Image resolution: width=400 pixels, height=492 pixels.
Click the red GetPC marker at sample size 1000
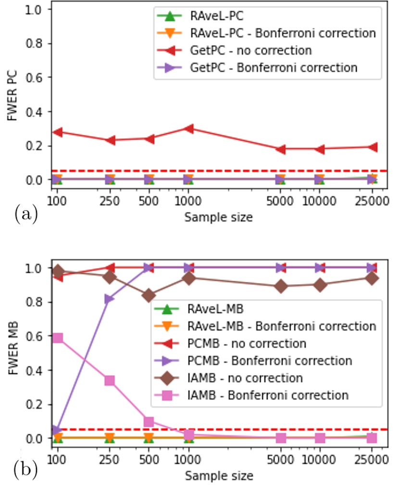(x=188, y=128)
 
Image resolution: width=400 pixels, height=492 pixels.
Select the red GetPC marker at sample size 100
(x=57, y=132)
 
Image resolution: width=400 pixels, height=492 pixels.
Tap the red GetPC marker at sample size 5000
(x=280, y=149)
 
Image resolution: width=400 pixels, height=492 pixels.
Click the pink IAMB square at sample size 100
(x=57, y=338)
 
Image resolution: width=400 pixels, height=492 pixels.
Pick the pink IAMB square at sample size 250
(x=110, y=381)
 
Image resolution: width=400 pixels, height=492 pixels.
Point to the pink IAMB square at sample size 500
(x=149, y=422)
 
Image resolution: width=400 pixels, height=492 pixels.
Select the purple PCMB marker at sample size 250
(x=110, y=299)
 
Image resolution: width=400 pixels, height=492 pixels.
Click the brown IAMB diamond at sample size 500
(x=149, y=295)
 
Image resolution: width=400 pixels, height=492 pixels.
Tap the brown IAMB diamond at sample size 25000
(x=372, y=278)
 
